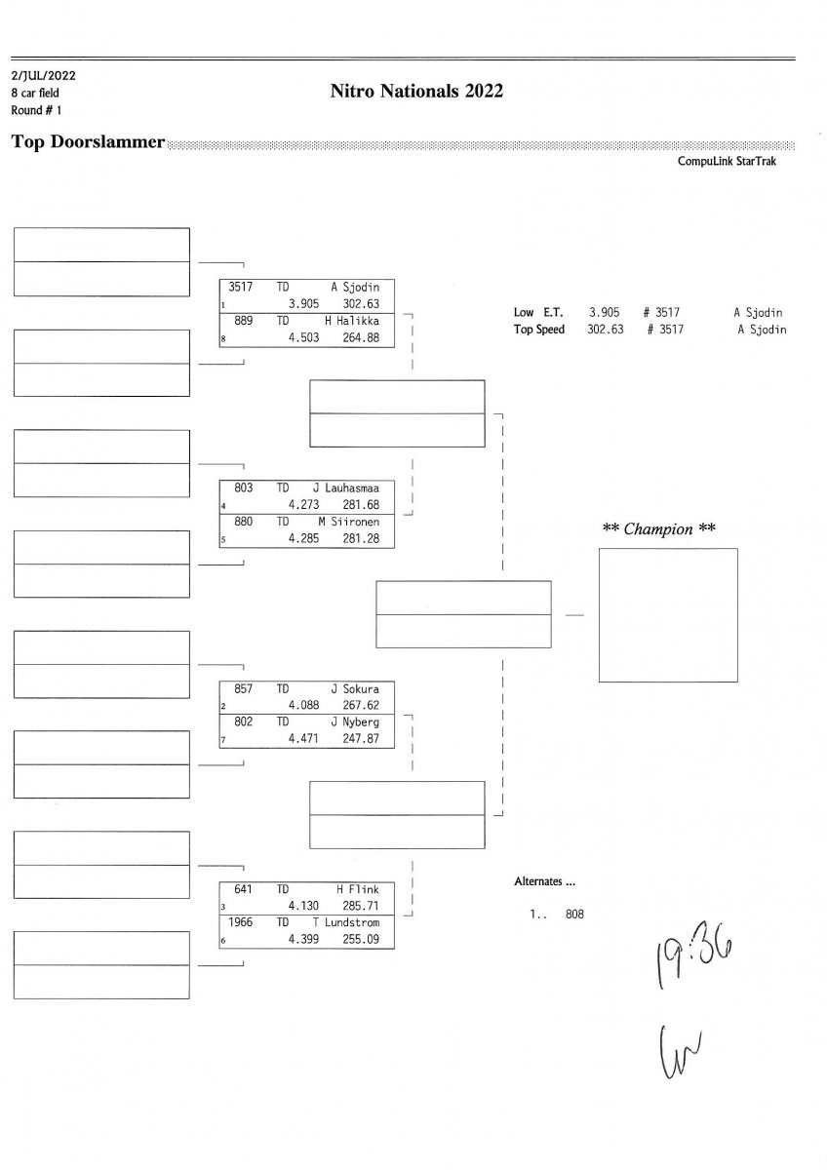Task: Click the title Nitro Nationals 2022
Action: tap(416, 91)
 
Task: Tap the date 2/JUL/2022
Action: tap(43, 76)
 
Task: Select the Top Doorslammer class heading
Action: tap(88, 141)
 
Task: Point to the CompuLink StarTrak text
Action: tap(727, 161)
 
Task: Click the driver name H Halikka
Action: tap(352, 321)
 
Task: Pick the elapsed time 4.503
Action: tap(303, 337)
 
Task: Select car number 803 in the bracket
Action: tap(243, 487)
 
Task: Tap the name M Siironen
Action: tap(348, 522)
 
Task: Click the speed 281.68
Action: tap(361, 505)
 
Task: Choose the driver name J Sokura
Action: tap(355, 689)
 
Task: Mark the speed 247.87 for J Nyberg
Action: tap(361, 738)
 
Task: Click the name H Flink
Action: tap(357, 889)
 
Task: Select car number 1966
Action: tap(240, 922)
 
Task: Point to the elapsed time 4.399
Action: tap(303, 939)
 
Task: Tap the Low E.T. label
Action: tap(538, 312)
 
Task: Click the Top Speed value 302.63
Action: tap(605, 330)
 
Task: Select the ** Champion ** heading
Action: tap(659, 529)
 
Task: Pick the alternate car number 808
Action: tap(574, 915)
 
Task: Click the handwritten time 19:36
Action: tap(694, 956)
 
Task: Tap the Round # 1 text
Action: tap(36, 110)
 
